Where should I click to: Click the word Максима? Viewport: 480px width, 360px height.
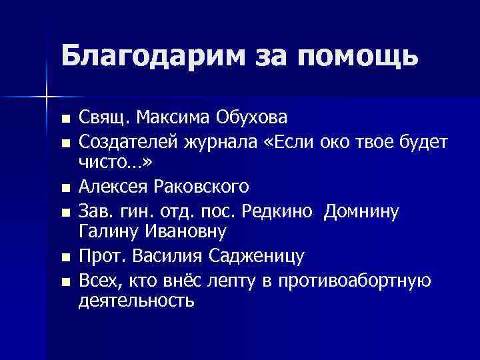click(x=175, y=119)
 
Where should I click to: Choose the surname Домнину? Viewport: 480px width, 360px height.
click(x=361, y=212)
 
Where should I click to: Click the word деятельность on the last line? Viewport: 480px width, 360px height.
click(x=136, y=301)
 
